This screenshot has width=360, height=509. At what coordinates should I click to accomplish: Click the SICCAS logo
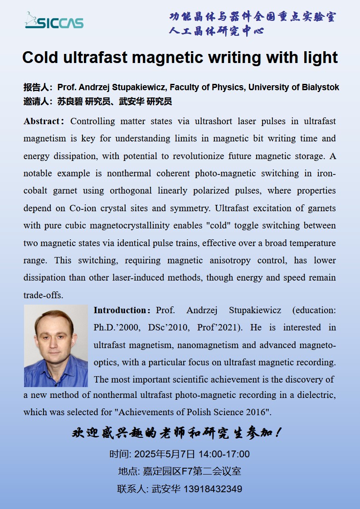pos(54,20)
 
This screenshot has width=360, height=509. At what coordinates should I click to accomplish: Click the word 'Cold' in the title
pos(40,58)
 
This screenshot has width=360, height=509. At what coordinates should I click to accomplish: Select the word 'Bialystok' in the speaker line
pos(320,87)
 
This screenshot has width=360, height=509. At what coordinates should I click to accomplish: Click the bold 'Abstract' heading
pos(42,121)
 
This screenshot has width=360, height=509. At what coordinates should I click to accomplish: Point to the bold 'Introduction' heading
pos(120,310)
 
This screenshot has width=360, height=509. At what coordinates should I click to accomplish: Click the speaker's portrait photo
pos(56,345)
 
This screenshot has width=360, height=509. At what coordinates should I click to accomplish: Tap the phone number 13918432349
pos(213,489)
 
